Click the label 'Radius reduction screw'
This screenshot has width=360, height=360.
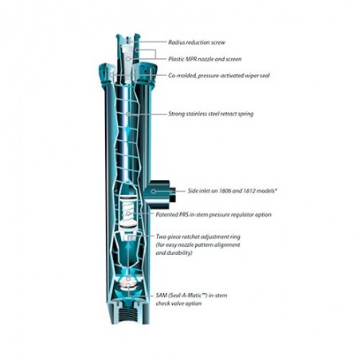coord(197,42)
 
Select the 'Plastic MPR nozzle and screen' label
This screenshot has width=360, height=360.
coord(205,59)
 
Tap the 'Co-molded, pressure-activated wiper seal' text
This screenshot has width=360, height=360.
coord(219,76)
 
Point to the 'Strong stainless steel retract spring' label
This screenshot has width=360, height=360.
coord(211,114)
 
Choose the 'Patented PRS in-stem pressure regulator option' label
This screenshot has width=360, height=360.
coord(213,214)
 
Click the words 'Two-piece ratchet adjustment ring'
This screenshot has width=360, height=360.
coord(198,237)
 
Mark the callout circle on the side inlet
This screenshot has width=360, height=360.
coord(154,191)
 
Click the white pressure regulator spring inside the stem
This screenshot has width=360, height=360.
coord(128,210)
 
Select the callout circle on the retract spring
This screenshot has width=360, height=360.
coord(128,114)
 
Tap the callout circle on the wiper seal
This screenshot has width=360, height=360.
coord(112,76)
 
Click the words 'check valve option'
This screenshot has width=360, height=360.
coord(178,303)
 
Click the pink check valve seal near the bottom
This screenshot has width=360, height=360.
coord(128,284)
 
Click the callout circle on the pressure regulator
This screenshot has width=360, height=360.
coord(128,213)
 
